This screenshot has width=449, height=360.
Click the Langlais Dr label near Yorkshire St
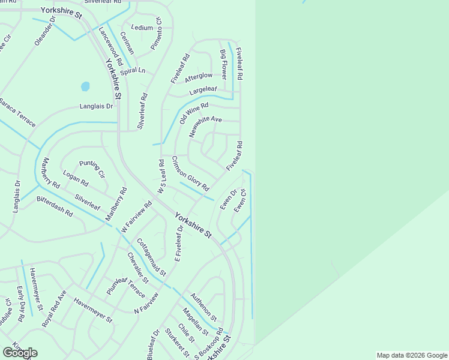tap(96, 106)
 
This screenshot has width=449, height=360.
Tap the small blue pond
tap(85, 86)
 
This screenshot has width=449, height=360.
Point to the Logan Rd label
tap(76, 179)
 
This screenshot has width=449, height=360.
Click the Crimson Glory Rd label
tap(190, 173)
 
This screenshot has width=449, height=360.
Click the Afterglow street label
tap(199, 77)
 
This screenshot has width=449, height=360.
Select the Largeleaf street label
tap(203, 91)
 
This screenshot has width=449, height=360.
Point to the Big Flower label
tap(223, 65)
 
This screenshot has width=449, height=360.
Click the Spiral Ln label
tap(133, 71)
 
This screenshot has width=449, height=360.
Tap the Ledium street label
tap(142, 28)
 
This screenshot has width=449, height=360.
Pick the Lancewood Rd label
tap(110, 46)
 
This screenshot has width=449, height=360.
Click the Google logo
tap(20, 353)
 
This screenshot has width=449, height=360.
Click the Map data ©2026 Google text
tap(411, 355)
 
